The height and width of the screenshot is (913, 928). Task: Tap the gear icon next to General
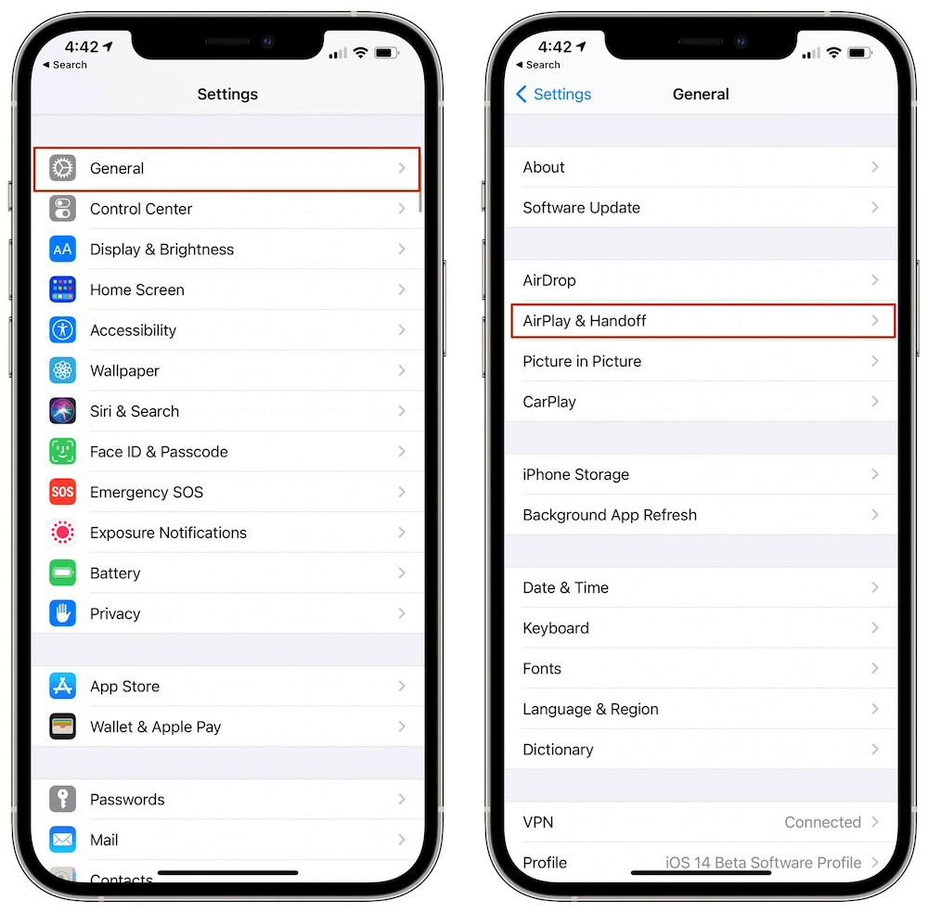(62, 169)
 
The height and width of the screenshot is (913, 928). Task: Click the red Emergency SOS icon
(62, 492)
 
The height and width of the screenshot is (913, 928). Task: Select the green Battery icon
(62, 573)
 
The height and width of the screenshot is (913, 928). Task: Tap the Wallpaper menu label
(124, 371)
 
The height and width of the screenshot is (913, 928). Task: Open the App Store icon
(62, 687)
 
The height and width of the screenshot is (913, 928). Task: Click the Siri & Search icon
(62, 411)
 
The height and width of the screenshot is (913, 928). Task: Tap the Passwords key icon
(62, 800)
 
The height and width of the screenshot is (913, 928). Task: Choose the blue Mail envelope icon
(62, 840)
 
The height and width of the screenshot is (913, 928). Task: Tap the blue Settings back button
(553, 95)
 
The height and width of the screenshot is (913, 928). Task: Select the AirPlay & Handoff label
(585, 321)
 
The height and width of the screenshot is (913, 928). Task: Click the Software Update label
(581, 208)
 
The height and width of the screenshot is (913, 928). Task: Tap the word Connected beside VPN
(822, 822)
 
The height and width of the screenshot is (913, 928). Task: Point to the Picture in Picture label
(582, 362)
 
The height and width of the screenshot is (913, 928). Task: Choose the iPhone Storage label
(575, 475)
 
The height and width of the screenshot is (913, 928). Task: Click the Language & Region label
(590, 710)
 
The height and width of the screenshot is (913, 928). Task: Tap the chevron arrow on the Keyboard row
(874, 628)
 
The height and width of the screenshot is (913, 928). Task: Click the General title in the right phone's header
(701, 95)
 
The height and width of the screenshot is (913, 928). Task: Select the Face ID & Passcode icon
(62, 452)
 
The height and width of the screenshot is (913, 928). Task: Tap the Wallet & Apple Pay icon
(62, 727)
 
